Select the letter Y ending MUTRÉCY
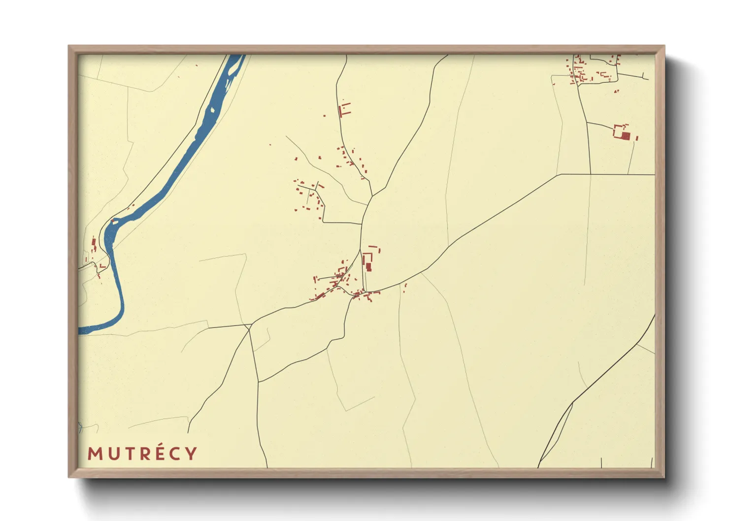191,454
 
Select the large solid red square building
625,135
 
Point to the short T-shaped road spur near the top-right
643,76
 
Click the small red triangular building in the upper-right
616,91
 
